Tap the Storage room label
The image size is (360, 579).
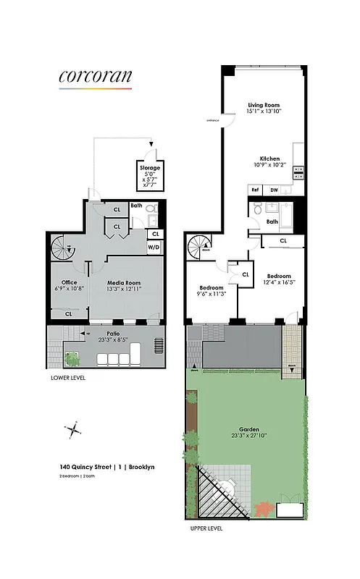tap(150, 168)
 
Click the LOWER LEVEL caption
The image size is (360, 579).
tap(69, 378)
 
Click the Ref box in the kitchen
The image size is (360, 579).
tap(255, 190)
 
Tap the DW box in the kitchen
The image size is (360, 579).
tap(274, 190)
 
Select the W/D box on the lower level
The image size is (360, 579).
tap(154, 248)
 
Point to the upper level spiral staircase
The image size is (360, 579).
tap(200, 248)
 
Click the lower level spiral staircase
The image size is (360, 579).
tap(63, 250)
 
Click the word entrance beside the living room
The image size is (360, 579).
tap(213, 120)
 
